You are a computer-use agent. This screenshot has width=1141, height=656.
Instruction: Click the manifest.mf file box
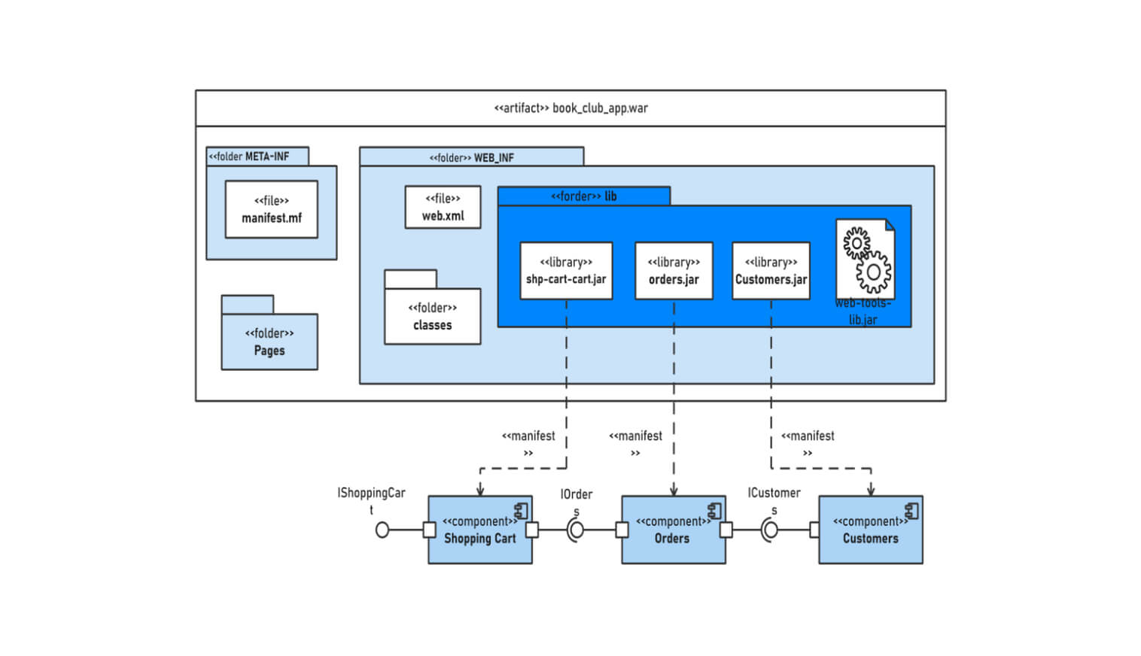(x=271, y=209)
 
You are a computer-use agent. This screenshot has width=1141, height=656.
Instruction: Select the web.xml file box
(x=443, y=207)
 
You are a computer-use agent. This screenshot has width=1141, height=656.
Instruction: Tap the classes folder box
(x=432, y=316)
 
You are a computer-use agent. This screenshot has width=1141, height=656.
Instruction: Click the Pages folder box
(x=269, y=342)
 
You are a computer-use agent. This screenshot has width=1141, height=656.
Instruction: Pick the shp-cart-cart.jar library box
(x=566, y=271)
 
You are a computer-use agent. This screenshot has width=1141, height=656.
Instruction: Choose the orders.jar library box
(x=674, y=271)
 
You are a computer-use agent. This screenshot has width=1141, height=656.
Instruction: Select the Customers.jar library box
(x=771, y=271)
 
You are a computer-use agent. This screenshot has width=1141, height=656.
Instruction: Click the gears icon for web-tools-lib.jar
(x=866, y=260)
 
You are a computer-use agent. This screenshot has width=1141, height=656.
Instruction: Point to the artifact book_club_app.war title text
(x=570, y=108)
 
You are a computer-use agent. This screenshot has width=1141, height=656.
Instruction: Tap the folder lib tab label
(x=583, y=196)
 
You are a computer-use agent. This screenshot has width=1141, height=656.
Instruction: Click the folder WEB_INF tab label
(x=471, y=157)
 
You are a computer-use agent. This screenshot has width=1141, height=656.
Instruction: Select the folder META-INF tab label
(x=249, y=156)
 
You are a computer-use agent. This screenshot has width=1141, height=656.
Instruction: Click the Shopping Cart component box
(x=479, y=530)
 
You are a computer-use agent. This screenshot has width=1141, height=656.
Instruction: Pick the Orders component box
(x=672, y=530)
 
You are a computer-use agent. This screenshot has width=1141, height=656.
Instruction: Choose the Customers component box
(x=870, y=530)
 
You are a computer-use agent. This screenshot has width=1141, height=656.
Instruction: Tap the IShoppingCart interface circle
(x=382, y=530)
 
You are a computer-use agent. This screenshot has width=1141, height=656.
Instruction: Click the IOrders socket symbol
(x=576, y=530)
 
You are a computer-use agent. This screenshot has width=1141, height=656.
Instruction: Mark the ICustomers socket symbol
(x=769, y=530)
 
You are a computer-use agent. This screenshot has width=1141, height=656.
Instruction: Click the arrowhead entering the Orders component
(x=674, y=491)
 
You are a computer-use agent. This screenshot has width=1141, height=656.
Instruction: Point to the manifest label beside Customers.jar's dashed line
(x=808, y=442)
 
